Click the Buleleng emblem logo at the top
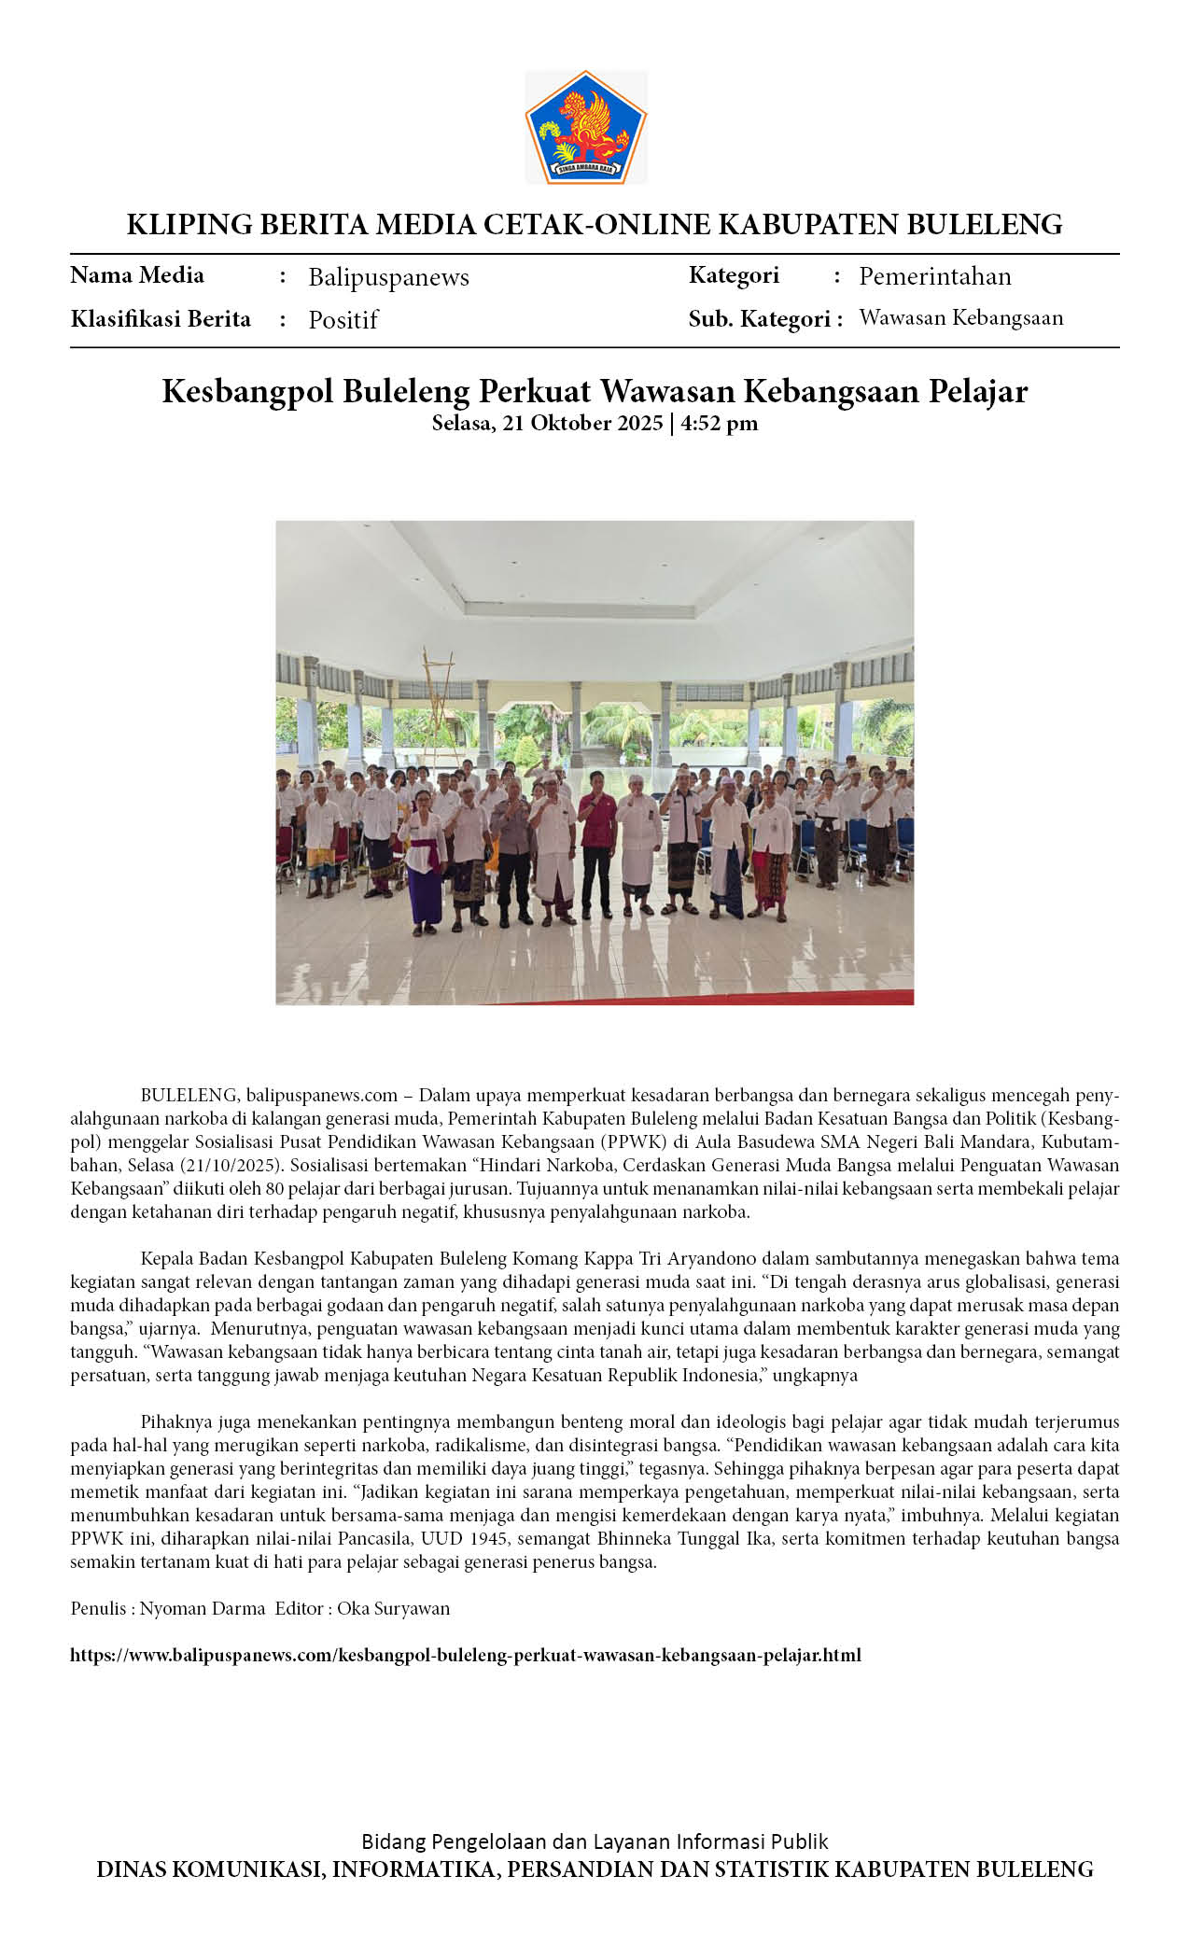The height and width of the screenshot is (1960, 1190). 586,127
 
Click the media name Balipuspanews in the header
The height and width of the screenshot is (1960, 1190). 388,277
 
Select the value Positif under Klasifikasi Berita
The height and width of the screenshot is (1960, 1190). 343,320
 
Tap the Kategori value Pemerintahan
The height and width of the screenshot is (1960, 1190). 934,276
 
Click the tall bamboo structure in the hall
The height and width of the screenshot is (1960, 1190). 439,709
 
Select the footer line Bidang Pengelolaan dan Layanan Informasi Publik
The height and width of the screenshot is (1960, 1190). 595,1841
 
